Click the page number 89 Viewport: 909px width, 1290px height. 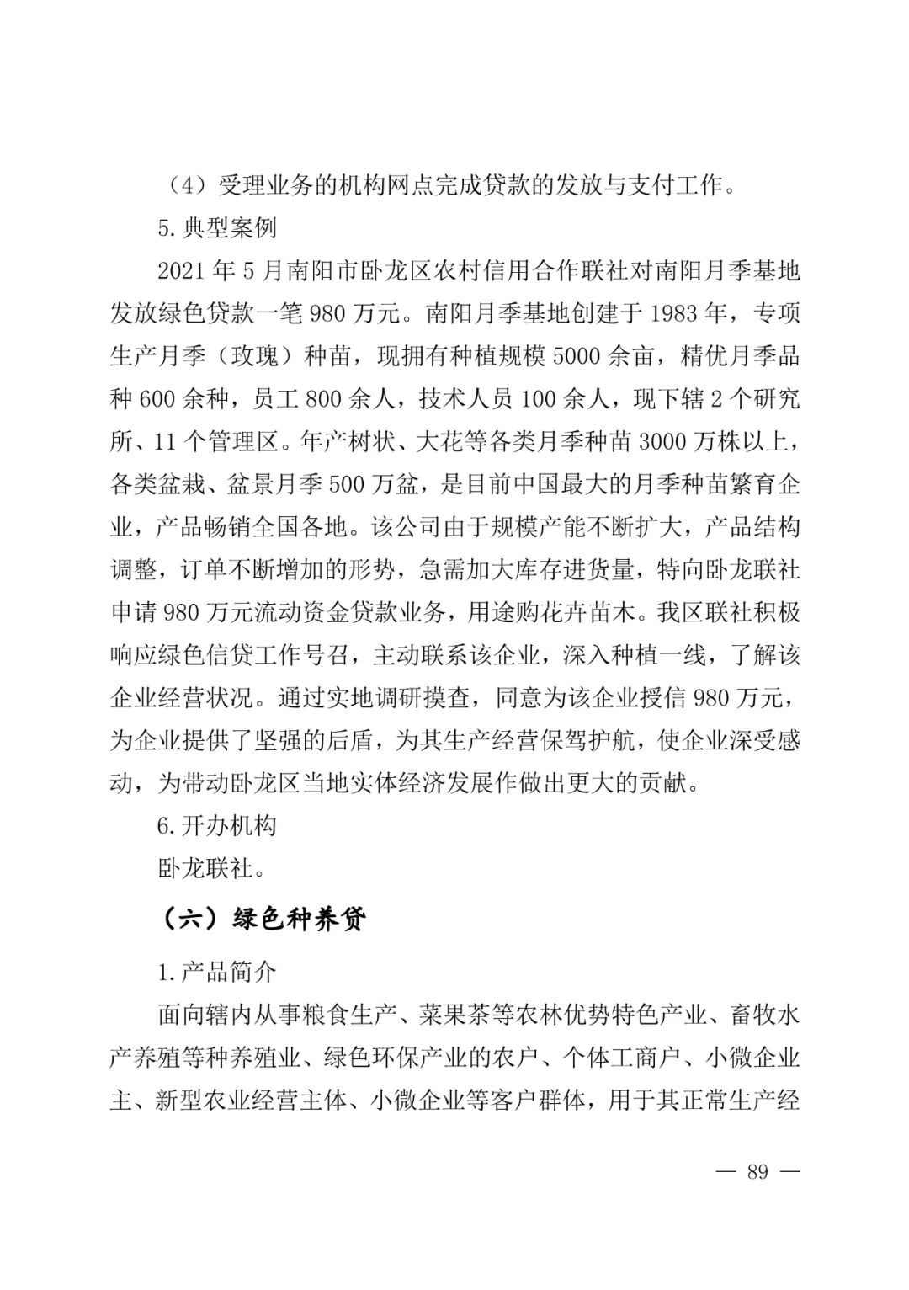pos(757,1171)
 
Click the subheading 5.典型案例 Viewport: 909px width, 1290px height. pos(217,228)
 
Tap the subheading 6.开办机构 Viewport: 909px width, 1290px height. pos(217,825)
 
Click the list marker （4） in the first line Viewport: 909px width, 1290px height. pos(183,184)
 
